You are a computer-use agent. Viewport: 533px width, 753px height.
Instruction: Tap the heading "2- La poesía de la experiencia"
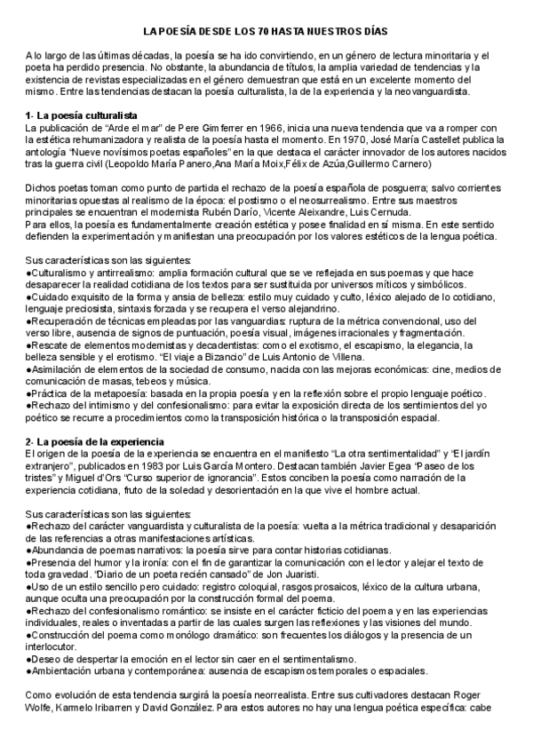97,440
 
